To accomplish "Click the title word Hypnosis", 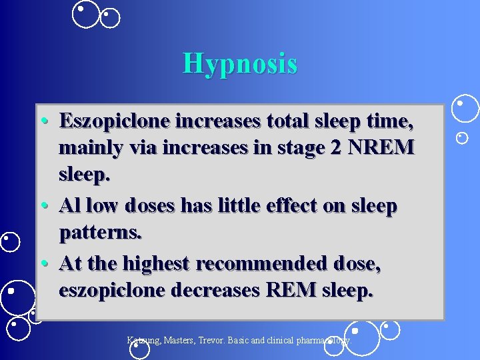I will pos(240,64).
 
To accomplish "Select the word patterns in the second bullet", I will pos(101,233).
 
